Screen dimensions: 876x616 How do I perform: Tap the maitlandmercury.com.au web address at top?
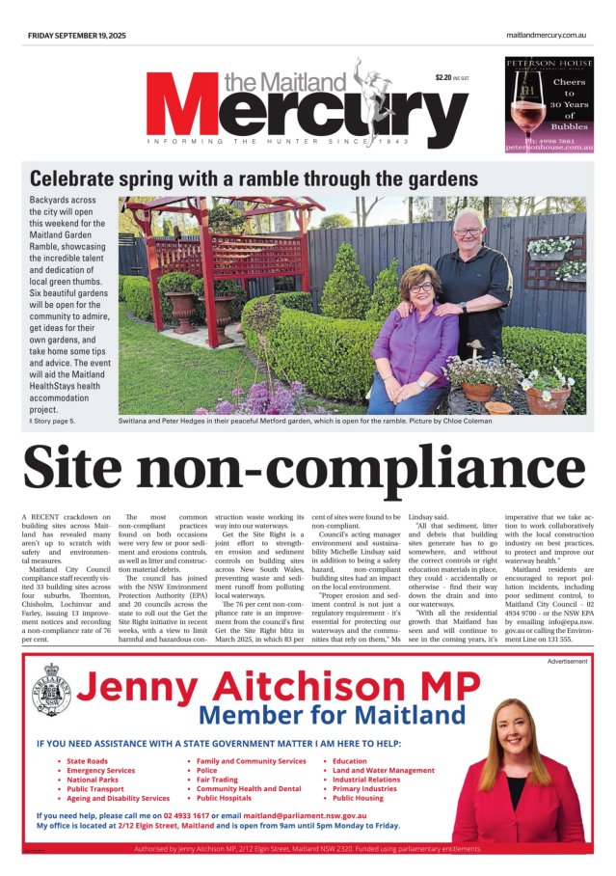pos(547,36)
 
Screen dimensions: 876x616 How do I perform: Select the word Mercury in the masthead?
pos(294,111)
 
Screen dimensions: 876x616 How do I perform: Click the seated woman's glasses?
pos(421,287)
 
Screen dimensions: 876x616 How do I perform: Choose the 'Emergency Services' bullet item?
pos(100,771)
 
